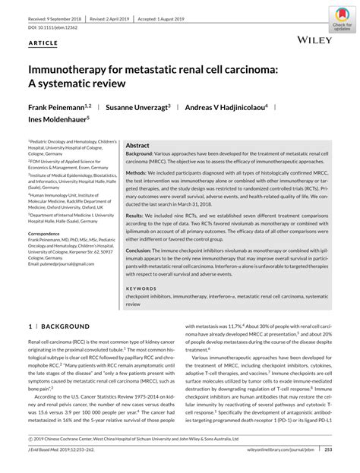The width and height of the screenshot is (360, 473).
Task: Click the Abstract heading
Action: (x=137, y=145)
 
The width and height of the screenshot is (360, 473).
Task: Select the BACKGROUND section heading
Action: (x=50, y=326)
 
